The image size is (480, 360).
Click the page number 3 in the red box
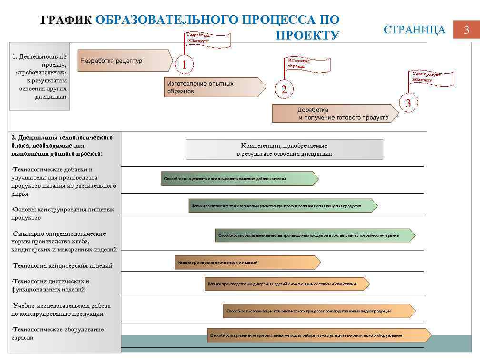467,30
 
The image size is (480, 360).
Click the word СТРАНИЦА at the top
414,30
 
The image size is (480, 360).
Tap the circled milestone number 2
284,90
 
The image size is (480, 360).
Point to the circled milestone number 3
408,103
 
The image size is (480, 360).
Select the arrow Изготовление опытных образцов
214,87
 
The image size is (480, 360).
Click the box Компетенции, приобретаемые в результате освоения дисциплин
284,150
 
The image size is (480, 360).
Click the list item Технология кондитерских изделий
62,266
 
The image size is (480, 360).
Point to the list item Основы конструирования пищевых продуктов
63,213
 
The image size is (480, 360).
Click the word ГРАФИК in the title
66,20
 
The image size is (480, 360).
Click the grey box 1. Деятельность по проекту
39,76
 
